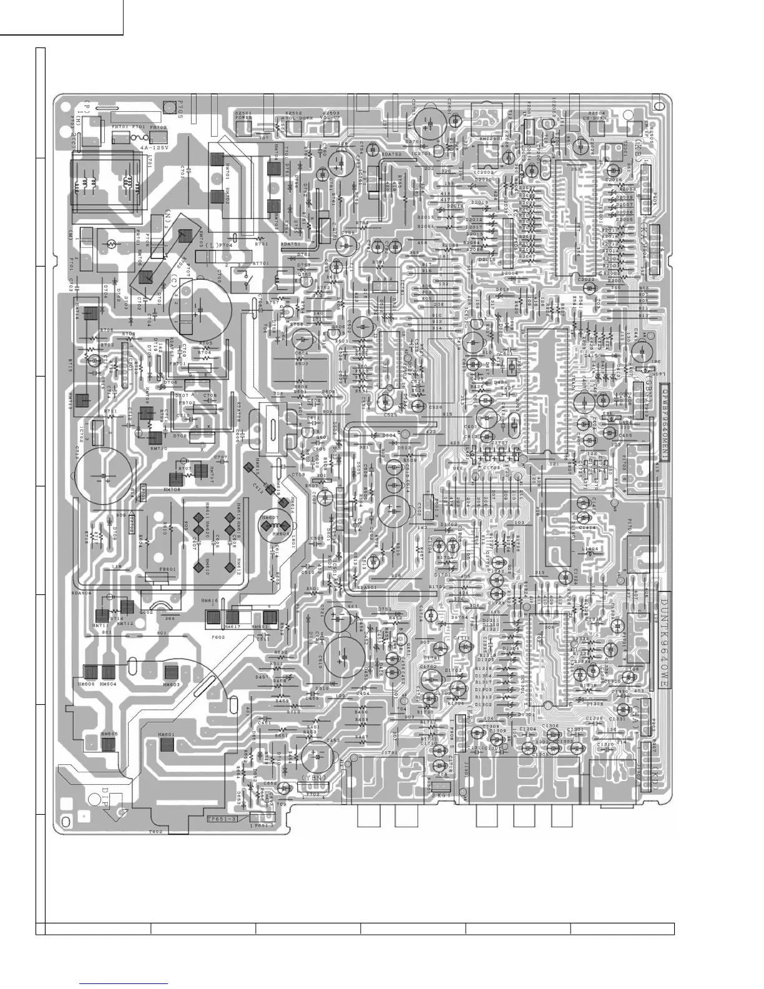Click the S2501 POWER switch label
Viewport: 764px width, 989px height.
click(x=243, y=114)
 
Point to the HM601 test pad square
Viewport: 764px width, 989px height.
click(x=166, y=744)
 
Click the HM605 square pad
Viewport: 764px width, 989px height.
click(x=109, y=744)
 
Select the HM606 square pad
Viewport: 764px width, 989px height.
click(x=91, y=672)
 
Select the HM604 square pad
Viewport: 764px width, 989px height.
click(x=109, y=672)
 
